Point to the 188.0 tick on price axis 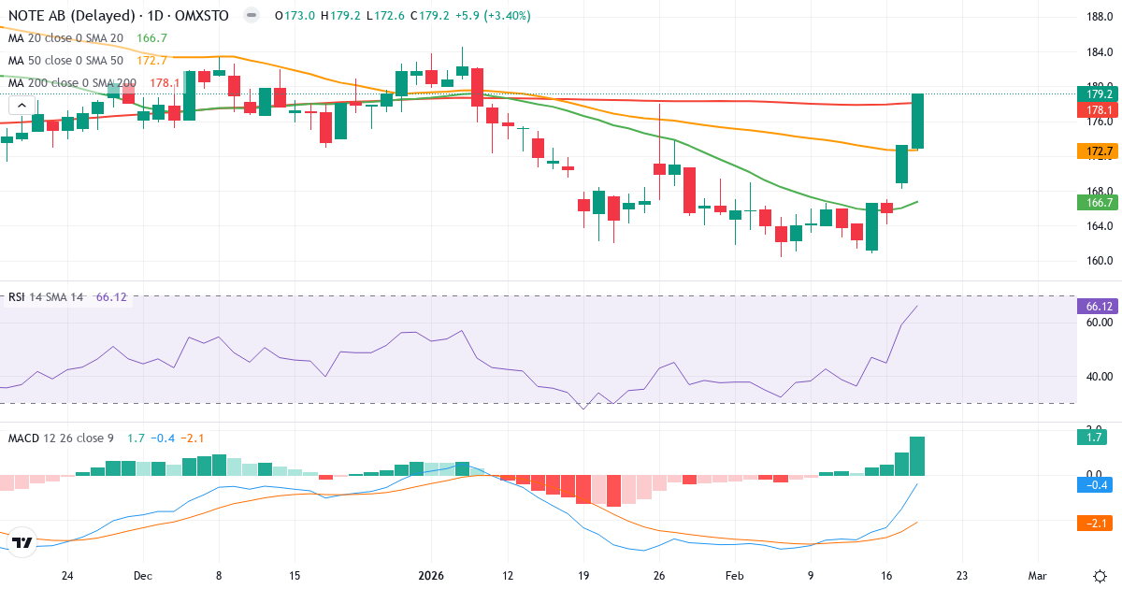1100,16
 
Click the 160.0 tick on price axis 1100,261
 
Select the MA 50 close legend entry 65,60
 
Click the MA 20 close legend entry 65,38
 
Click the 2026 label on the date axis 431,576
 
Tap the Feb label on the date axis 735,576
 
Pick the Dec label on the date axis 142,576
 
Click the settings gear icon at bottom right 1100,576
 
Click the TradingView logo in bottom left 22,542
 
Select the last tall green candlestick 918,122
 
